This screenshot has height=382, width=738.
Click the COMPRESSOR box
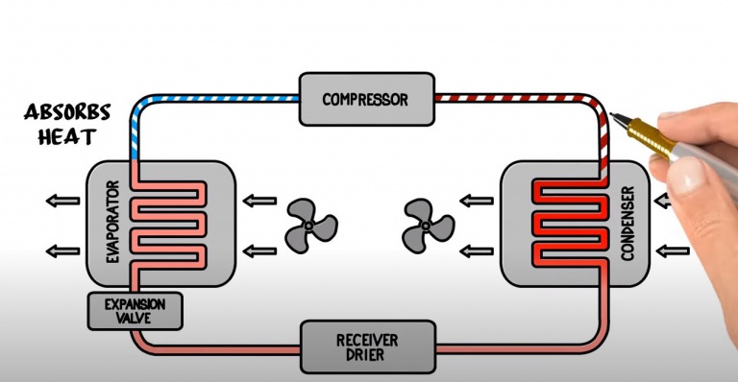click(365, 99)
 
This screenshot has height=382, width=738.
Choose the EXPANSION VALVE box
click(135, 311)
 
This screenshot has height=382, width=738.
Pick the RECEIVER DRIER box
click(367, 347)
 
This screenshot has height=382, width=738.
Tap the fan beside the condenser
click(428, 226)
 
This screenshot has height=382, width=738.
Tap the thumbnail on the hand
click(690, 176)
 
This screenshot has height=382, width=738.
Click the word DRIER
click(367, 357)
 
